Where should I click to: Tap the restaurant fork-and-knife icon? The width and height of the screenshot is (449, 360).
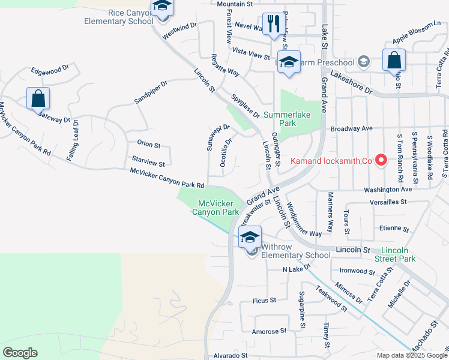[274, 25]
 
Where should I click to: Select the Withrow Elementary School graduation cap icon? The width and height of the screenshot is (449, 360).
[250, 237]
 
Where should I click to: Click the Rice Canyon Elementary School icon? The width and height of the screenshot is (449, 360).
[161, 8]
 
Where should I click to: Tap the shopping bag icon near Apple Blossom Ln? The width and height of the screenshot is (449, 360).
[394, 60]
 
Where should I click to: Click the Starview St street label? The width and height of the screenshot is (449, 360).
[148, 163]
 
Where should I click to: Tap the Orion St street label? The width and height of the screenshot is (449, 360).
[148, 145]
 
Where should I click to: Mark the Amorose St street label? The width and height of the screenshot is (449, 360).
[269, 331]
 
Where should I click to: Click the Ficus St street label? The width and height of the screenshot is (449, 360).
[264, 299]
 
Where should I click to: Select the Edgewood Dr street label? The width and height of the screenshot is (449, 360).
[51, 71]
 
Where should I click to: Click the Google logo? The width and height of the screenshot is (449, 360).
[20, 353]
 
